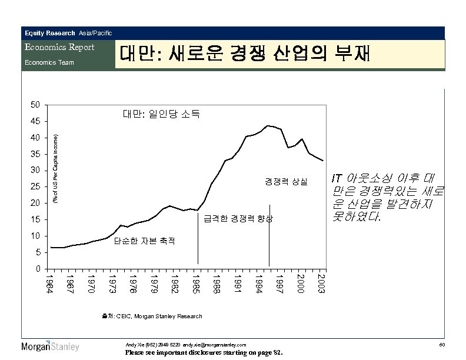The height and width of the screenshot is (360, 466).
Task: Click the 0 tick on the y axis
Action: (37, 269)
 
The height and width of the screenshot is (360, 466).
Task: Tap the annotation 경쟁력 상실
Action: (285, 181)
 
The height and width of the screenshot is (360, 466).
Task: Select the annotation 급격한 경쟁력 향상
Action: (238, 219)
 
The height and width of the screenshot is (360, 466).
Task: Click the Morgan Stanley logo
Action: (50, 346)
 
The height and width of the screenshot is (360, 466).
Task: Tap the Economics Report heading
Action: (59, 47)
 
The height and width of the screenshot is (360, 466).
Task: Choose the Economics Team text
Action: (48, 62)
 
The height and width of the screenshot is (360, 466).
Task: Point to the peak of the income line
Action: (268, 125)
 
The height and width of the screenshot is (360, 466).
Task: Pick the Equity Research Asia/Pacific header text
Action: (68, 33)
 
